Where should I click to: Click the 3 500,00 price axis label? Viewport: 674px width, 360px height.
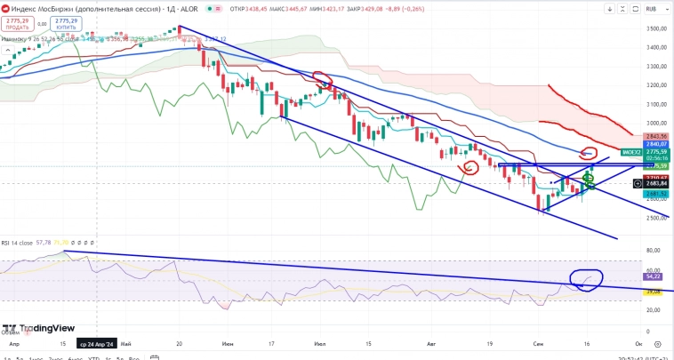tap(657, 29)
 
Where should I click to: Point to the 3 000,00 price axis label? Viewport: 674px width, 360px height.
tap(657, 124)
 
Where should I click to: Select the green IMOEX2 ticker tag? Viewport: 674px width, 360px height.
tap(630, 152)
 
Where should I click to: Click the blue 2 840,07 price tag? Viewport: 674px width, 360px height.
tap(657, 143)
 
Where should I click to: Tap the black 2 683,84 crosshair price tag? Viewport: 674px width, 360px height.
tap(657, 184)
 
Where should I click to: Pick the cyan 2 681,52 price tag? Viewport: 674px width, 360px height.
tap(657, 193)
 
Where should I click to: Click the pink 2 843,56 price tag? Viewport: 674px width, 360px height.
tap(657, 136)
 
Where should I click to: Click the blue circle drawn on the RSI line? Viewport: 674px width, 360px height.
tap(586, 279)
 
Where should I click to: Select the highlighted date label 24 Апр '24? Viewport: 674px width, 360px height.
tap(96, 342)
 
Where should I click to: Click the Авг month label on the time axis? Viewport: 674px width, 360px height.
tap(433, 342)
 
